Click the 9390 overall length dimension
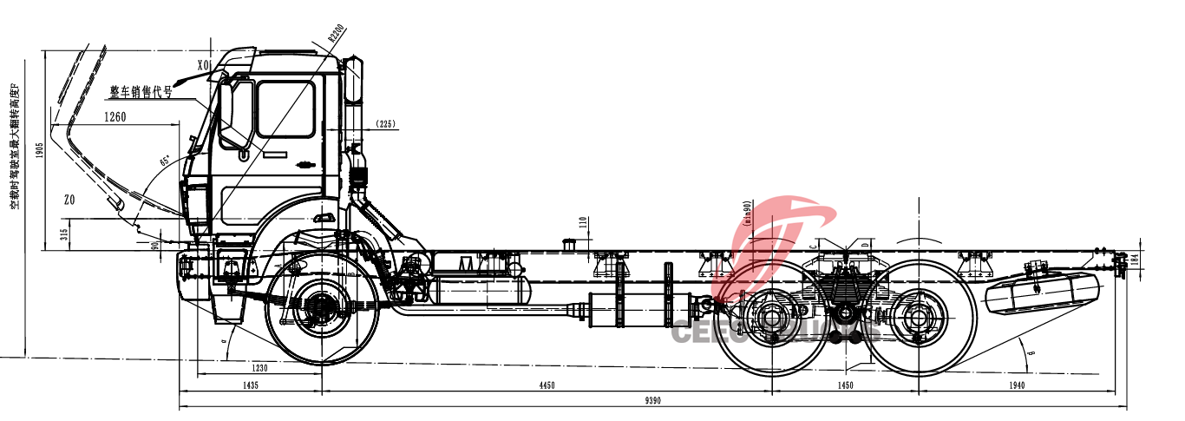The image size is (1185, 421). tap(653, 400)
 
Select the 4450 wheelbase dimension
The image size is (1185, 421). tap(547, 385)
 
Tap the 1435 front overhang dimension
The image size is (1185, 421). tap(251, 385)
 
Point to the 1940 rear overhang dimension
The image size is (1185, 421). tap(1017, 385)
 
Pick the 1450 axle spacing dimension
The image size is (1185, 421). tap(844, 385)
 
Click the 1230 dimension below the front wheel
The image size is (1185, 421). tap(259, 368)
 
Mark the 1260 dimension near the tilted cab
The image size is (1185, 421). tap(115, 115)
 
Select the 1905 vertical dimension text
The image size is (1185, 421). tap(39, 151)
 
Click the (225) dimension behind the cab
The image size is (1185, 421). tap(385, 124)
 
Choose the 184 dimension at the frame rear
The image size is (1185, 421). tap(1134, 259)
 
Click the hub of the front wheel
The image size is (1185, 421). tap(322, 307)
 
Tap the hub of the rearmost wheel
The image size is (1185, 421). tap(916, 318)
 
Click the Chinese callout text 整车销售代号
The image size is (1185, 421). tap(141, 91)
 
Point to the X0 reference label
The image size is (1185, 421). tap(204, 64)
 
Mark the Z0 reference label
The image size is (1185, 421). tap(69, 200)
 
